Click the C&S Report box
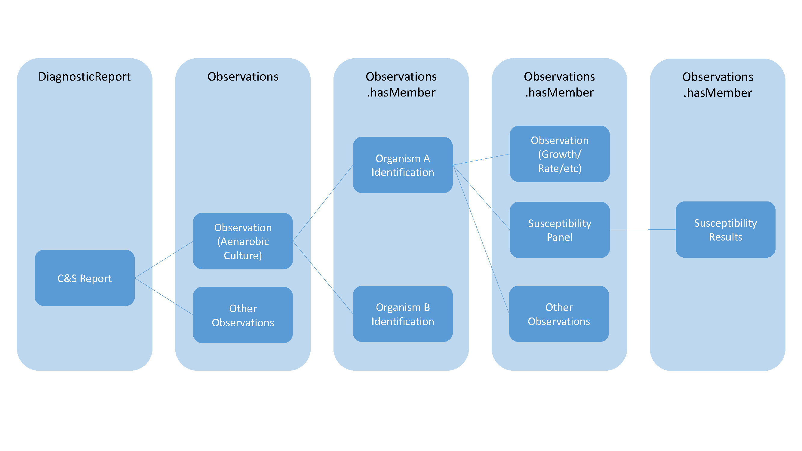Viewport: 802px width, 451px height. pos(85,278)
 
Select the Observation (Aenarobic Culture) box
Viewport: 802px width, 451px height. pos(243,241)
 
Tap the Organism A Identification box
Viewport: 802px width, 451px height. pos(403,165)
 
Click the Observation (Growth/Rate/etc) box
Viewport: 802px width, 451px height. pos(559,154)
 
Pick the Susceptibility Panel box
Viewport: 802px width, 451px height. pos(559,230)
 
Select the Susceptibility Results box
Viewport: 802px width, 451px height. pos(725,230)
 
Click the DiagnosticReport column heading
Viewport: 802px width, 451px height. pos(85,77)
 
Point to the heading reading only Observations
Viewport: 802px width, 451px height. pos(243,77)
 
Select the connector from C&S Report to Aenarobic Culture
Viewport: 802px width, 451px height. pos(164,259)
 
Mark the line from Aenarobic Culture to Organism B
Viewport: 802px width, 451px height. pos(323,277)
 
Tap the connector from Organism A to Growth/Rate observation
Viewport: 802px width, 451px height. pos(481,159)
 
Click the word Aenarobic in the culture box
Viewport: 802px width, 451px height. pos(243,241)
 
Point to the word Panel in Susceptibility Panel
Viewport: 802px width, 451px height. pos(559,237)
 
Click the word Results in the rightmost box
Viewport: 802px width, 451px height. pos(725,237)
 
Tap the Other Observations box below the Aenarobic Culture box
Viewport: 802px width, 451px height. pos(243,315)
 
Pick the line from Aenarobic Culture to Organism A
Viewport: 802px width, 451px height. pos(323,203)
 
